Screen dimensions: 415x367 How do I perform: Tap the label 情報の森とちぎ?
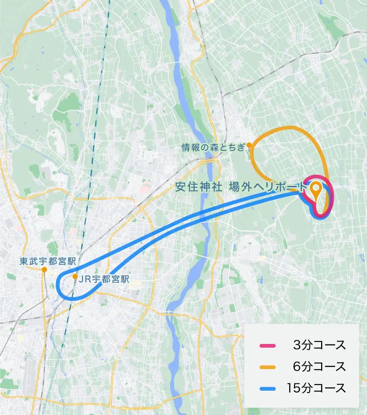(x=213, y=147)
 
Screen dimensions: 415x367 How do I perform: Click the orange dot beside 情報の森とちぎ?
(x=249, y=144)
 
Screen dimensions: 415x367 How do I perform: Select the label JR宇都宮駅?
(x=105, y=279)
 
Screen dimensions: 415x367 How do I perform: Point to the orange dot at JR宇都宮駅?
(x=75, y=276)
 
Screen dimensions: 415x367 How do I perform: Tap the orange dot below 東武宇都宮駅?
(x=44, y=270)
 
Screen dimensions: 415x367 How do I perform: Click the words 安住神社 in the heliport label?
(x=198, y=187)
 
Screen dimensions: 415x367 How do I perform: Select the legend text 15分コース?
(x=316, y=388)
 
